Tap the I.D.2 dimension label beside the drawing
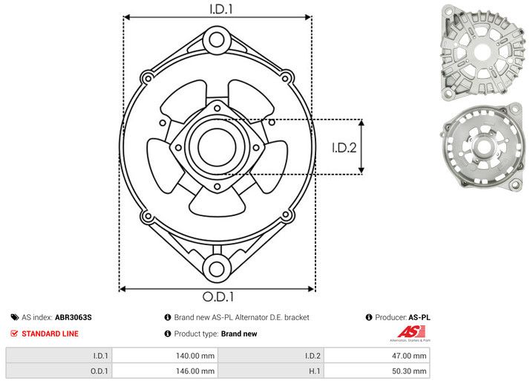(x=344, y=147)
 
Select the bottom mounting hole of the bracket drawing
(x=217, y=269)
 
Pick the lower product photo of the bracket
(x=482, y=148)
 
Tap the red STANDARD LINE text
(x=50, y=334)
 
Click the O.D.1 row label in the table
(x=99, y=370)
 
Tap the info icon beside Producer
(x=369, y=317)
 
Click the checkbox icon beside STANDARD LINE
(x=13, y=334)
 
